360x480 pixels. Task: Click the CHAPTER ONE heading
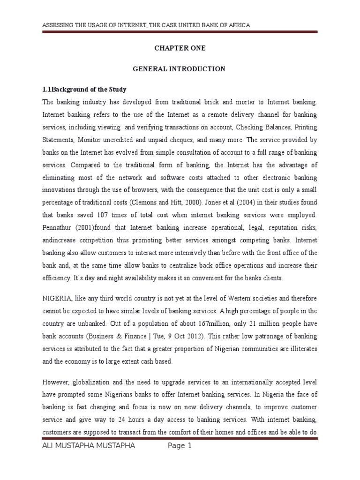(x=180, y=48)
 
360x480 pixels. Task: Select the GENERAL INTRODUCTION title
(x=180, y=69)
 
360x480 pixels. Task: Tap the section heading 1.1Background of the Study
(x=85, y=89)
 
